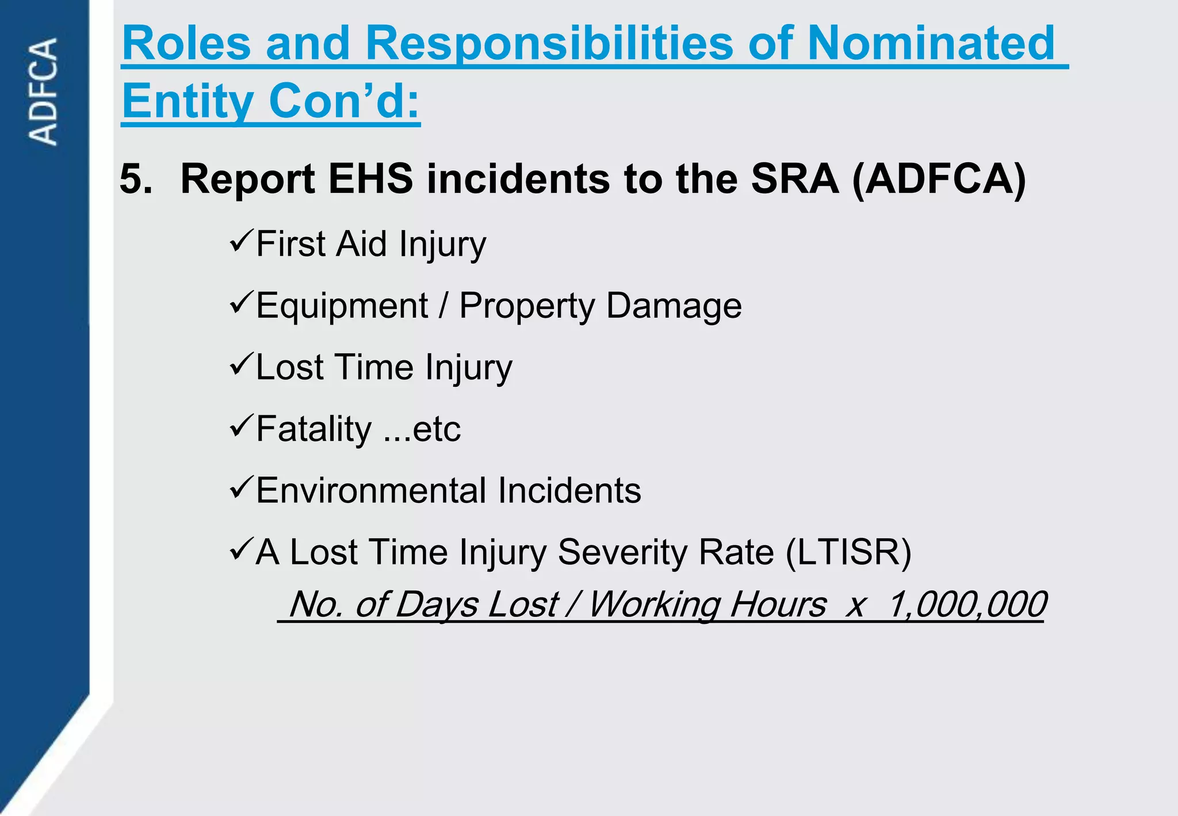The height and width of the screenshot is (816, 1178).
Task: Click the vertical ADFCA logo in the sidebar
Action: tap(44, 91)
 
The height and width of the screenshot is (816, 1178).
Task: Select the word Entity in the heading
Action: tap(188, 101)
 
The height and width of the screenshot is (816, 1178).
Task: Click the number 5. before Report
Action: tap(136, 179)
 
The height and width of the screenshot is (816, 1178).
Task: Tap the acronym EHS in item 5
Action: tap(370, 179)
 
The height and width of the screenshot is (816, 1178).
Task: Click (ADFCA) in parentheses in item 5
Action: tap(939, 179)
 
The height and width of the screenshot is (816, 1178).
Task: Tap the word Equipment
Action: tap(342, 306)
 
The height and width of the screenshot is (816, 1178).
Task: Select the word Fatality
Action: tap(313, 429)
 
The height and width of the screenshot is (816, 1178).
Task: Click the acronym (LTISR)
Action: tap(848, 552)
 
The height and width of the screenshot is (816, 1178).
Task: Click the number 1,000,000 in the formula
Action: tap(966, 605)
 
